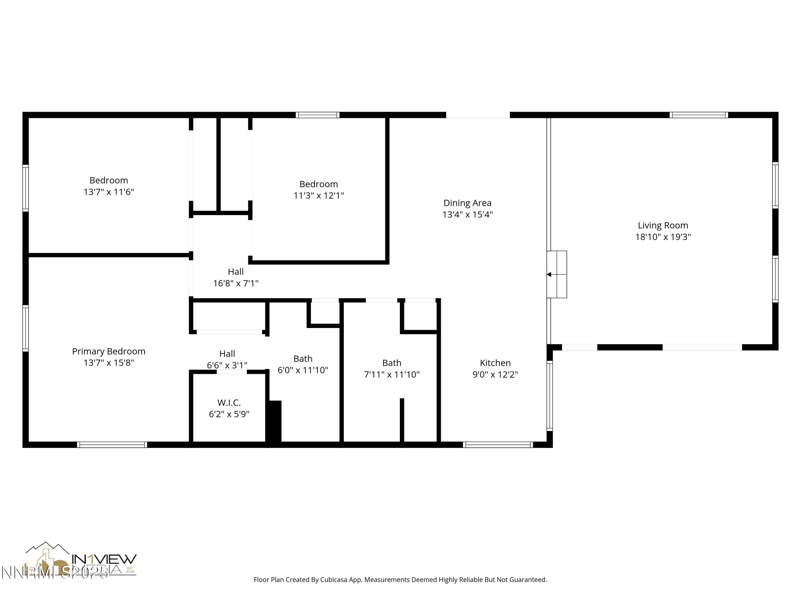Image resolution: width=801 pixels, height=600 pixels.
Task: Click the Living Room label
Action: pyautogui.click(x=663, y=225)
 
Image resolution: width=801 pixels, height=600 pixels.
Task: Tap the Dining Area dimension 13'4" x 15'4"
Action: pyautogui.click(x=467, y=214)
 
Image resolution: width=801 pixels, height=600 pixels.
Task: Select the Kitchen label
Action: pyautogui.click(x=495, y=363)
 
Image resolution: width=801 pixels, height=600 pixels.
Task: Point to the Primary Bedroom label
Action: pyautogui.click(x=109, y=351)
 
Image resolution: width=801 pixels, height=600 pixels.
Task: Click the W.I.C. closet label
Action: pyautogui.click(x=229, y=402)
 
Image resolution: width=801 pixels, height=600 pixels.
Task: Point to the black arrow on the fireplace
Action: pyautogui.click(x=549, y=274)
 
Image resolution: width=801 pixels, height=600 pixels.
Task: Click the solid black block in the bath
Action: pyautogui.click(x=275, y=421)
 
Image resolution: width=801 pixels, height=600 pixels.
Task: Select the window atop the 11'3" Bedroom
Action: pyautogui.click(x=317, y=115)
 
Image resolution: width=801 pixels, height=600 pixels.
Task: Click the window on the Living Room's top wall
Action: pyautogui.click(x=698, y=115)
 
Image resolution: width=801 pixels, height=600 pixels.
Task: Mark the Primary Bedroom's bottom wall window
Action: pyautogui.click(x=112, y=445)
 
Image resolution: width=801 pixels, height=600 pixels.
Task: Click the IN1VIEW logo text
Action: pyautogui.click(x=104, y=559)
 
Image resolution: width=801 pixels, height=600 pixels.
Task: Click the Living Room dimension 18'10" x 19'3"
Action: pyautogui.click(x=663, y=237)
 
